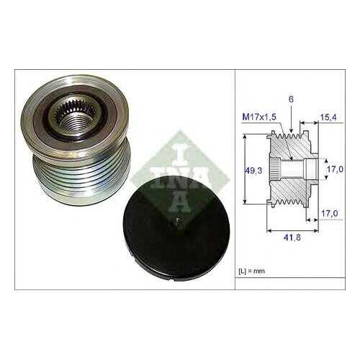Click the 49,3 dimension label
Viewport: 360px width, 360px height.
253,171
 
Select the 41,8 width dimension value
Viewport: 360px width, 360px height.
292,238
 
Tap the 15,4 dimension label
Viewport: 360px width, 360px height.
328,117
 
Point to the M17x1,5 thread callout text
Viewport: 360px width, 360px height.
259,117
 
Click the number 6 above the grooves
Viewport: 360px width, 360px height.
291,99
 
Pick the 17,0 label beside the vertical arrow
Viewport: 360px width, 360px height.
335,169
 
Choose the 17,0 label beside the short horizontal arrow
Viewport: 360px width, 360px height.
329,213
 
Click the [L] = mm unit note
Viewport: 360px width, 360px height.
251,271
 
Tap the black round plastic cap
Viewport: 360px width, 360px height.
176,228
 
